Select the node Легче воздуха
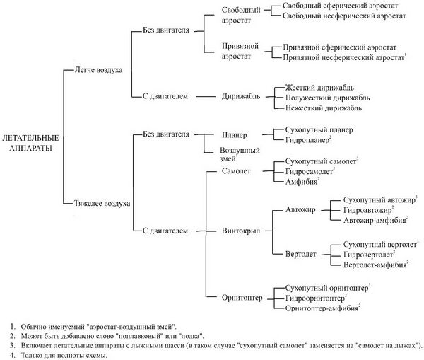click(98, 71)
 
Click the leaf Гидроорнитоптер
click(319, 299)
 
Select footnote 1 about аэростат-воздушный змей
click(98, 325)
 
